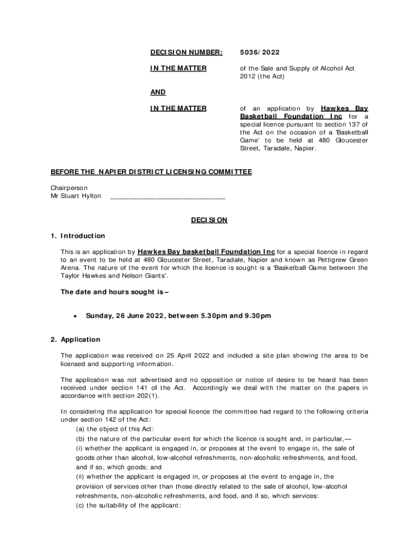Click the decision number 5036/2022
pos(260,52)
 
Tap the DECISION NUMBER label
pos(186,52)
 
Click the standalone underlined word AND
pos(158,92)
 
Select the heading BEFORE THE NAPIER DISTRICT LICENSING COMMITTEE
pos(151,172)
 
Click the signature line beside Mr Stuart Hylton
pos(168,196)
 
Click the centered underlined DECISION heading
pos(209,220)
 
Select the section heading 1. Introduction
pos(78,236)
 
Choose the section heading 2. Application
pos(76,339)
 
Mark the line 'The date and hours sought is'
pos(114,292)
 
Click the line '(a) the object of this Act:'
pos(112,429)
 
